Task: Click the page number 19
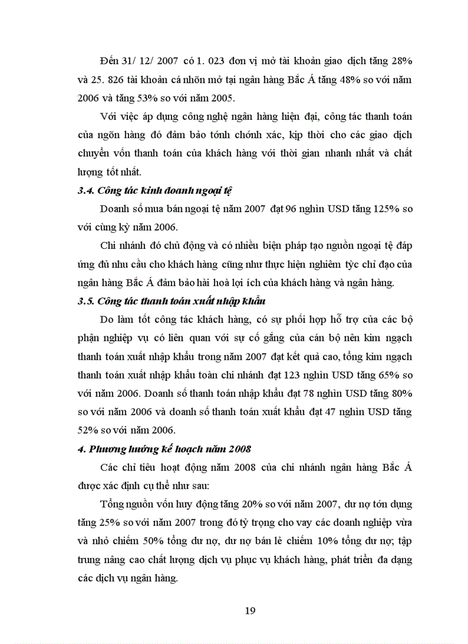(249, 610)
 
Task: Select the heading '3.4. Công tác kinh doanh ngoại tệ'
(154, 191)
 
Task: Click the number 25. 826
(112, 79)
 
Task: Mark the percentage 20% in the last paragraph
(247, 505)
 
